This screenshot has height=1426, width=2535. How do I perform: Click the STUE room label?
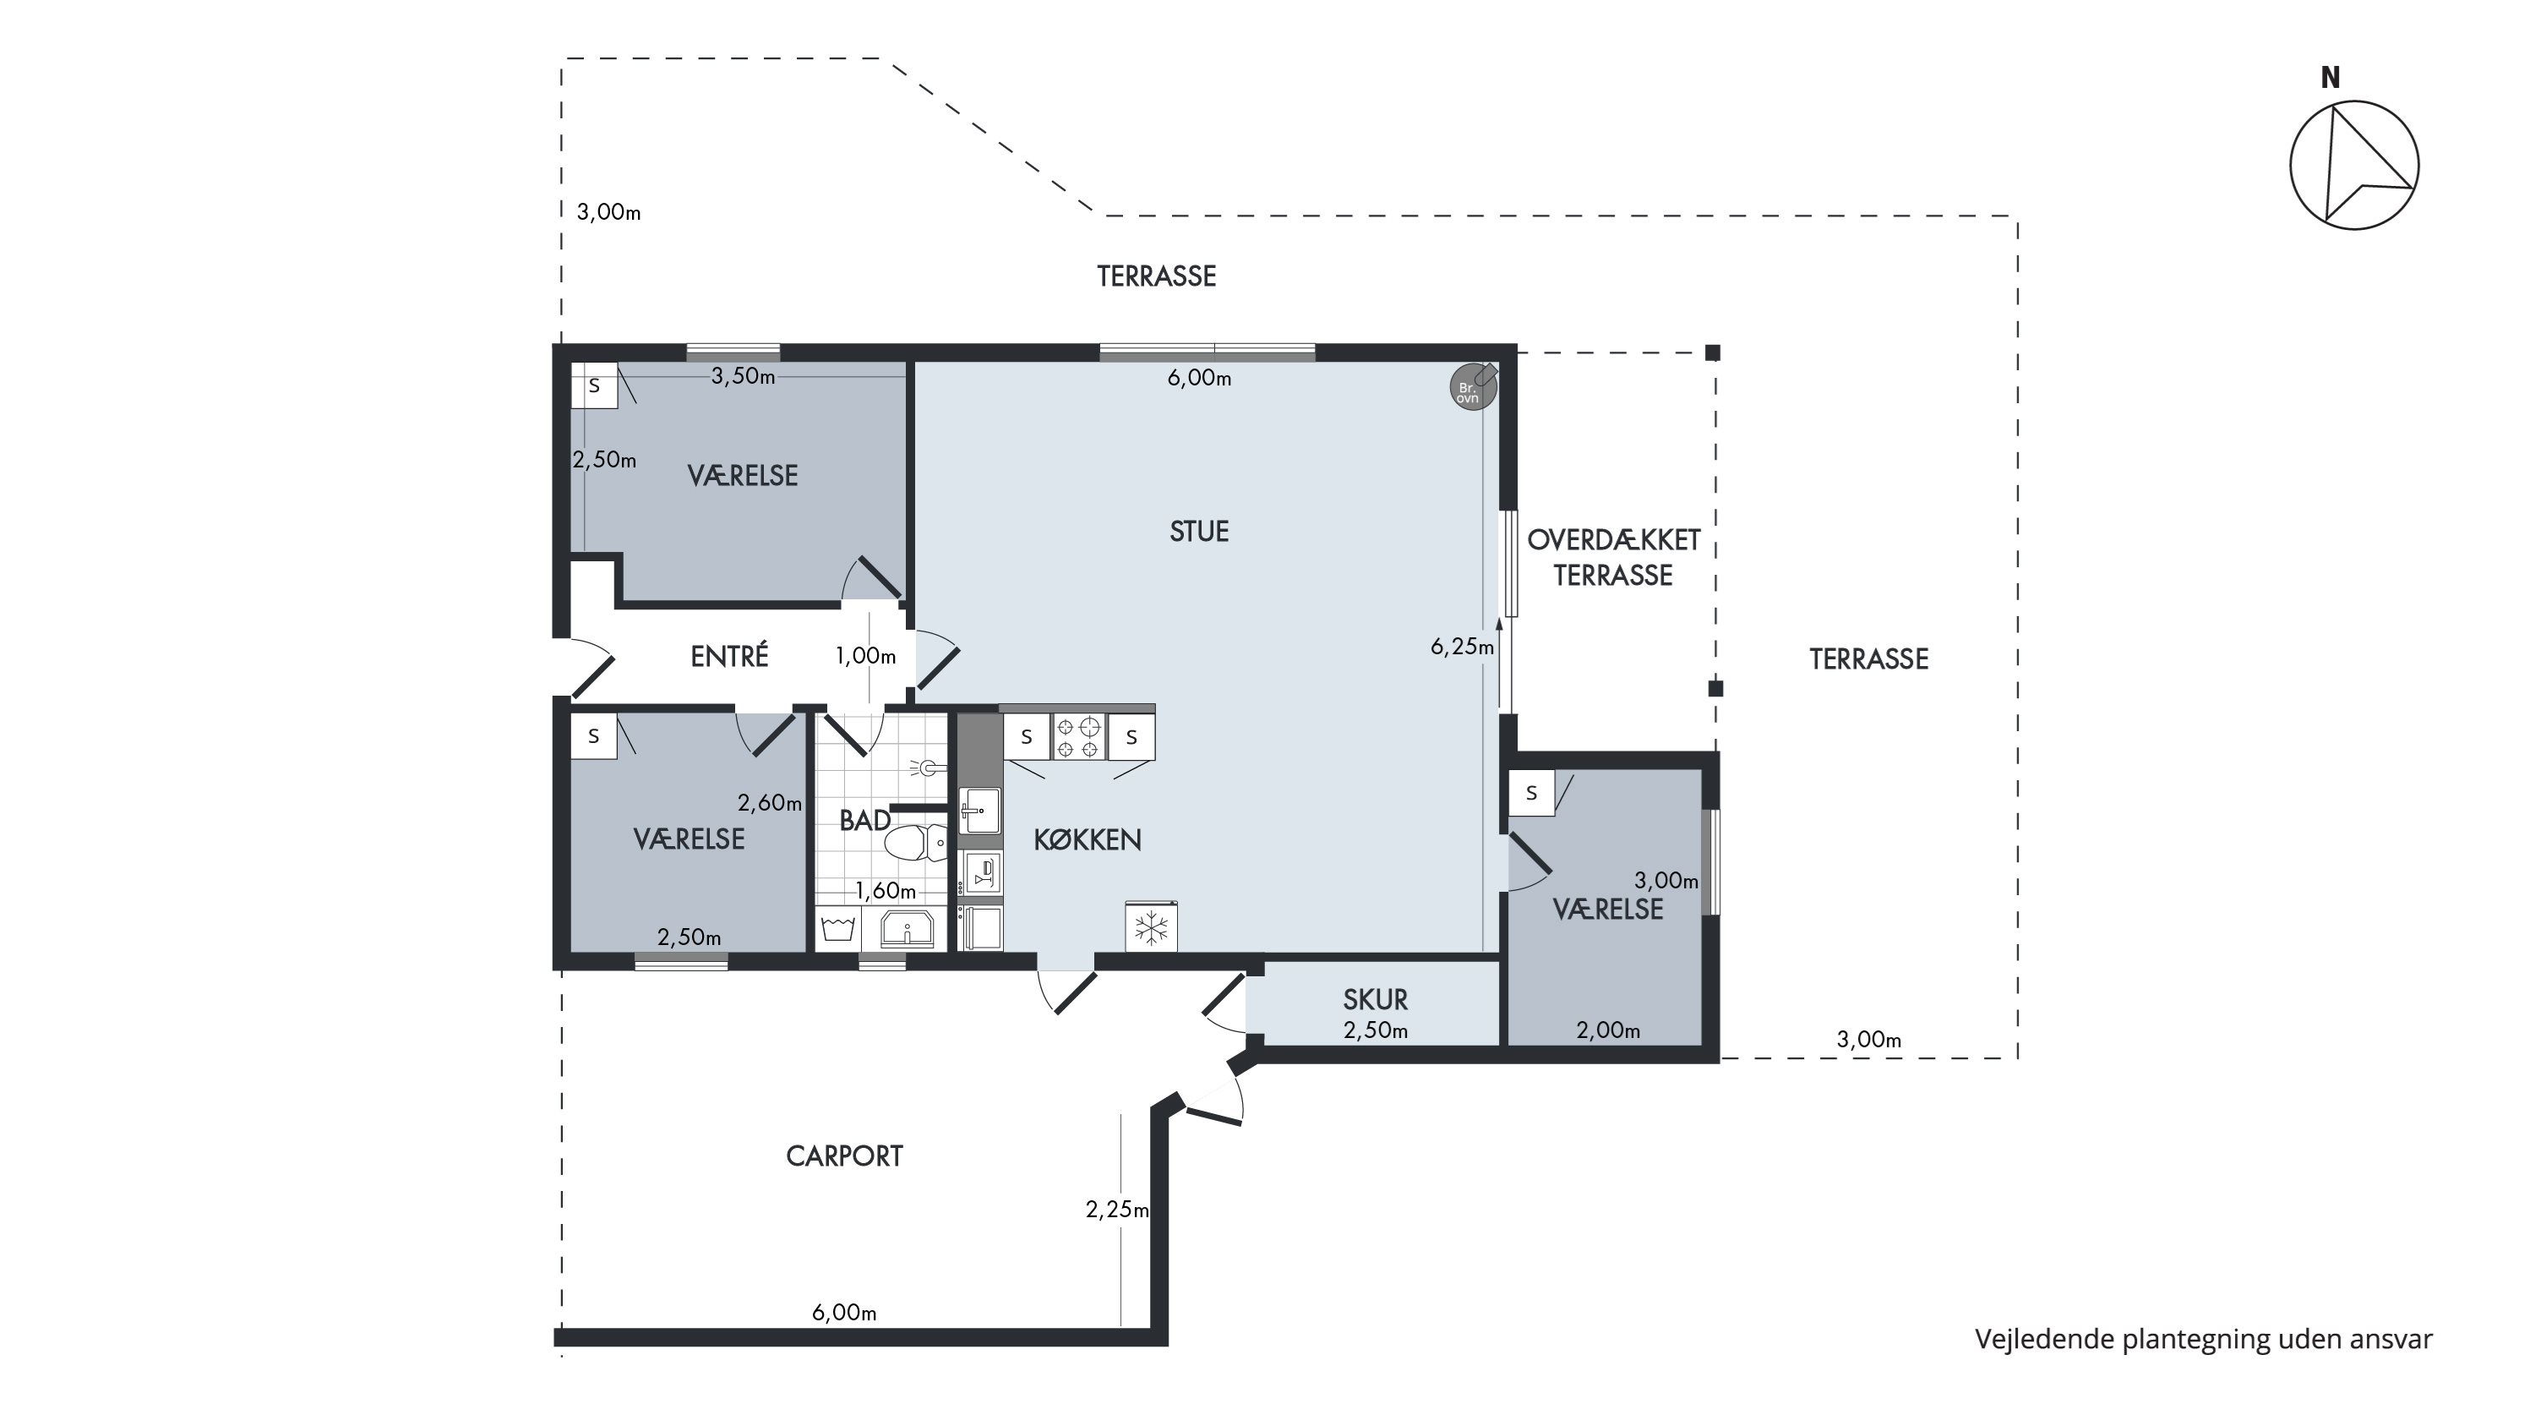[1198, 532]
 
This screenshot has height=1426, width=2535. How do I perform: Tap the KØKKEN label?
[1088, 839]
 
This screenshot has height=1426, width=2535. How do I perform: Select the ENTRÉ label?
[729, 657]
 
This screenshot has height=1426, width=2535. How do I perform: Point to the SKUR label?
[1375, 1000]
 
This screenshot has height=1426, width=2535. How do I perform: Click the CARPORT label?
[844, 1156]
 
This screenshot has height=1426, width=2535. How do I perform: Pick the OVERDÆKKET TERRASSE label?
[1614, 557]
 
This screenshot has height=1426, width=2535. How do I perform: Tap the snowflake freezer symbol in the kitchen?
[1152, 926]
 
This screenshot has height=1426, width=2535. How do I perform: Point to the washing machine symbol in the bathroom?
[837, 929]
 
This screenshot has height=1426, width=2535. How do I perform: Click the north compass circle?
[2354, 166]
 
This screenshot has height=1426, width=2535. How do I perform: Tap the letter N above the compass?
[2331, 78]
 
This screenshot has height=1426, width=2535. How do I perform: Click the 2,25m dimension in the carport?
[1117, 1210]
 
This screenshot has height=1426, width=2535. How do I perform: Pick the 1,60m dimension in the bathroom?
[886, 892]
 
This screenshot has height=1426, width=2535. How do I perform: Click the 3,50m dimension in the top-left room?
[743, 376]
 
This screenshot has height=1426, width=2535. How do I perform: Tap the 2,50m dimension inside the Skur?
[1376, 1031]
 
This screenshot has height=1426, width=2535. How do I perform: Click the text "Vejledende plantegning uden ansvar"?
[2204, 1340]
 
